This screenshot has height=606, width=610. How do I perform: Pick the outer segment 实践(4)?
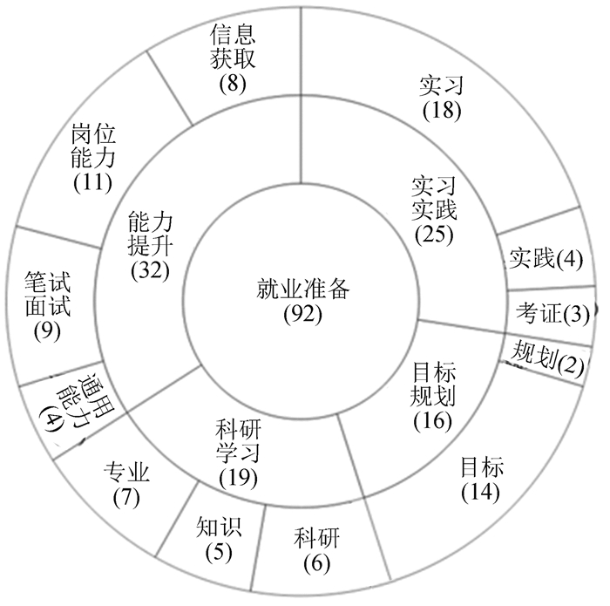click(x=545, y=257)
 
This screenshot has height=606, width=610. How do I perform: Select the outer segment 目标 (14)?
click(x=481, y=477)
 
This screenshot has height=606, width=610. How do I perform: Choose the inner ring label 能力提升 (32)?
click(x=149, y=243)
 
